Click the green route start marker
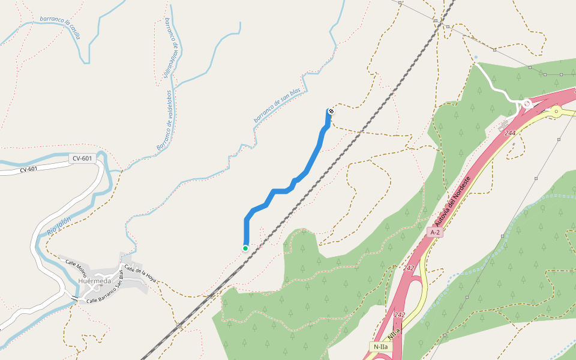[x=245, y=248]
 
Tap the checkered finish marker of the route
[x=331, y=111]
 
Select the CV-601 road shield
[x=82, y=158]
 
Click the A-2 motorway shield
[x=435, y=232]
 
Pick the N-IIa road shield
[x=380, y=346]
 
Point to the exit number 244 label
[x=511, y=133]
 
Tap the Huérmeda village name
[x=95, y=281]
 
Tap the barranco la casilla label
[x=60, y=26]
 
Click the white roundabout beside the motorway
[x=527, y=104]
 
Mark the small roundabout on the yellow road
[x=557, y=111]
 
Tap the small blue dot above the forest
[x=476, y=58]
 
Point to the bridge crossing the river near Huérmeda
[x=74, y=297]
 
